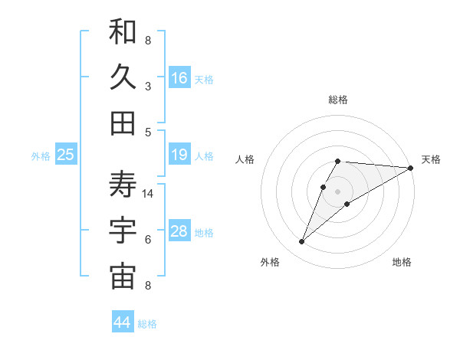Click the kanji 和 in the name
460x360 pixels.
tap(123, 32)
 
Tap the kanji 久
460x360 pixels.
tap(123, 77)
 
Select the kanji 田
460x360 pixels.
tap(123, 123)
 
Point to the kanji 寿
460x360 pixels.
tap(123, 185)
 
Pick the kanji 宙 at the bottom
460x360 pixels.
tap(123, 277)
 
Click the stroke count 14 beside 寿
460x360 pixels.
tap(149, 194)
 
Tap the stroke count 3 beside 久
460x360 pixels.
tap(148, 87)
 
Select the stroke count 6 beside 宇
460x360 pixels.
tap(148, 240)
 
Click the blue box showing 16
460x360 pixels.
tap(179, 78)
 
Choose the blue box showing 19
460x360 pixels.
tap(179, 155)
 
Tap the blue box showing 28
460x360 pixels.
tap(179, 232)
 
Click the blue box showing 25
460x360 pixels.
tap(66, 155)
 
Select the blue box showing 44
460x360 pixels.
tap(123, 323)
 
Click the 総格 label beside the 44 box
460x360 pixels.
tap(147, 324)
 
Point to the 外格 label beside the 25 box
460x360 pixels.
tap(41, 156)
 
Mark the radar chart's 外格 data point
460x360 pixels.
tap(302, 242)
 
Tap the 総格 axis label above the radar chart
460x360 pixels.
tap(338, 100)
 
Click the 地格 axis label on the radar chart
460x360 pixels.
tap(402, 262)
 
